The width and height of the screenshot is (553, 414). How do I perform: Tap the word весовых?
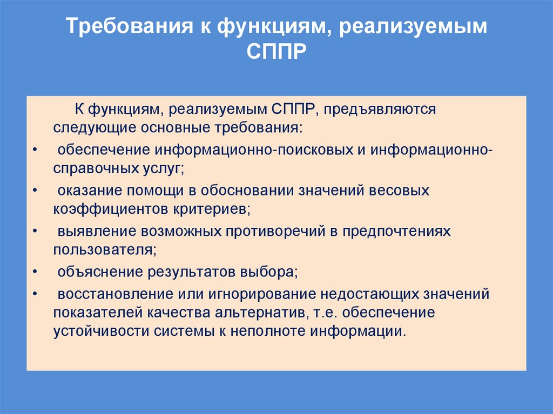[x=404, y=190]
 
